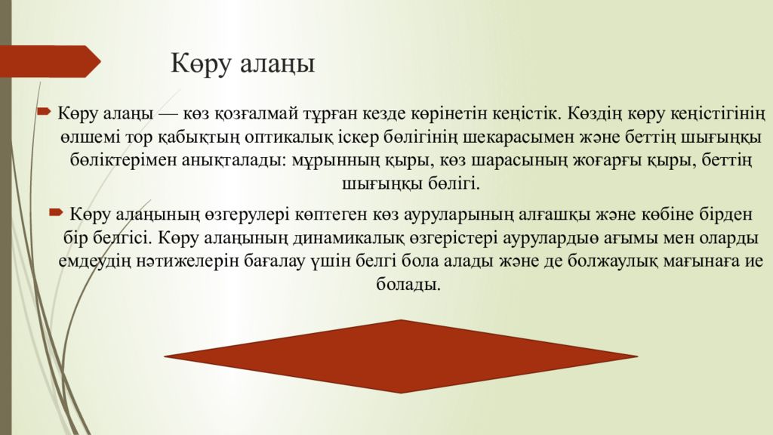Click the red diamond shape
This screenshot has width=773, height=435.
[x=401, y=356]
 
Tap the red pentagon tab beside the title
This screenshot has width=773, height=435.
[x=49, y=61]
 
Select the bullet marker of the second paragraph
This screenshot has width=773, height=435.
[x=56, y=213]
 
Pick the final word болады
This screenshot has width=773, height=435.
[x=408, y=285]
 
